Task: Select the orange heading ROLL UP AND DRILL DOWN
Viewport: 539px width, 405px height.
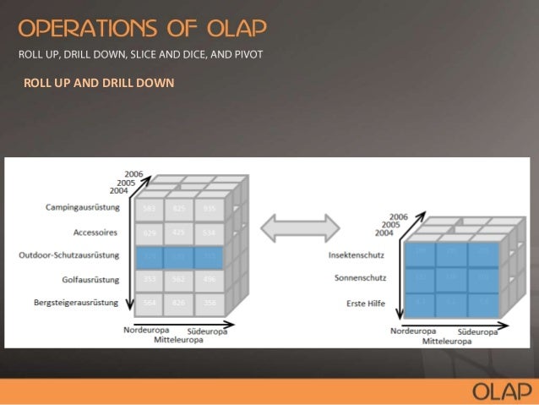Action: [99, 83]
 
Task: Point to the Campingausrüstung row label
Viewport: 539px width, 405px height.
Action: [83, 207]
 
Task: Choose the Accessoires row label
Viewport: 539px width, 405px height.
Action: [94, 231]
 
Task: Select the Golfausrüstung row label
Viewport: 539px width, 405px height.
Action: [91, 278]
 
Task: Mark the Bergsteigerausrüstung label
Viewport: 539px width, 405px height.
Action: [76, 302]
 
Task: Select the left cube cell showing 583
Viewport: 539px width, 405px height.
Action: [150, 208]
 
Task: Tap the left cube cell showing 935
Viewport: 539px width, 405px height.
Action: [210, 208]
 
